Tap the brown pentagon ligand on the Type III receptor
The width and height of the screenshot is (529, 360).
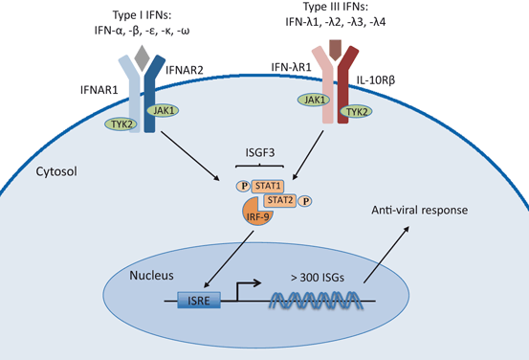coord(337,49)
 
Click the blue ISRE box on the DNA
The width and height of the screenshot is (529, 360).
coord(204,302)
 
